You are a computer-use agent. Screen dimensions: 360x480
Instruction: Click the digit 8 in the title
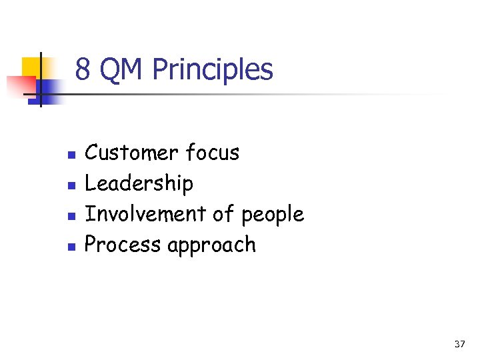pyautogui.click(x=83, y=69)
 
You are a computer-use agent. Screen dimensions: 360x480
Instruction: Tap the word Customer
pyautogui.click(x=133, y=153)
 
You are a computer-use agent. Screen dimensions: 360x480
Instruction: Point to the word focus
pyautogui.click(x=213, y=153)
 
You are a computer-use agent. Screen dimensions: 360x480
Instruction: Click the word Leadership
pyautogui.click(x=139, y=183)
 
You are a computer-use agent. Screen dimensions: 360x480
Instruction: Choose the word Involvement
pyautogui.click(x=145, y=214)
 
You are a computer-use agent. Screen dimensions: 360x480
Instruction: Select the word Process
pyautogui.click(x=123, y=245)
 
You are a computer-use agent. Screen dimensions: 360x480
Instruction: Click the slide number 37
pyautogui.click(x=459, y=344)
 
